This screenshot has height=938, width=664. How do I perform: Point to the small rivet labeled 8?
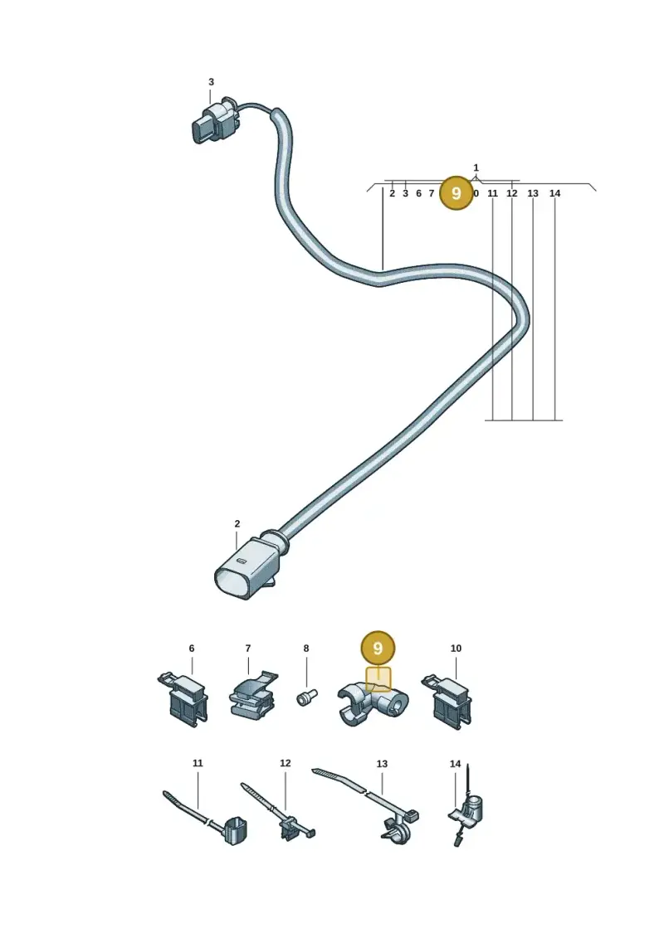click(307, 697)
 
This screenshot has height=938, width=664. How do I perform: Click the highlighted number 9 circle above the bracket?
click(378, 649)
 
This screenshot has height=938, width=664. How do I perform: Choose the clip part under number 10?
click(447, 700)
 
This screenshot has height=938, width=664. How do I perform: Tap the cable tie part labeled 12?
click(278, 811)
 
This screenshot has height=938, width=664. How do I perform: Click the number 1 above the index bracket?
click(476, 168)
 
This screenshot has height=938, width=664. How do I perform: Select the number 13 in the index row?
click(533, 193)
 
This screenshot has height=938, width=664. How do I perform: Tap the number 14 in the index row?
click(555, 193)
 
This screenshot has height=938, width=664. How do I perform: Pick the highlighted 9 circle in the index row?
click(456, 193)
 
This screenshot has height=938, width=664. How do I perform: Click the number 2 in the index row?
click(392, 193)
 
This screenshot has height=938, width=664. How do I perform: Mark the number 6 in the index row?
click(418, 193)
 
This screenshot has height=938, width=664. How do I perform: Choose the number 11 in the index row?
click(493, 193)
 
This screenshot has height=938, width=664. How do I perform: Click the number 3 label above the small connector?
click(211, 82)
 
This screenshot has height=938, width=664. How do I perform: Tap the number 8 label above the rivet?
click(306, 649)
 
